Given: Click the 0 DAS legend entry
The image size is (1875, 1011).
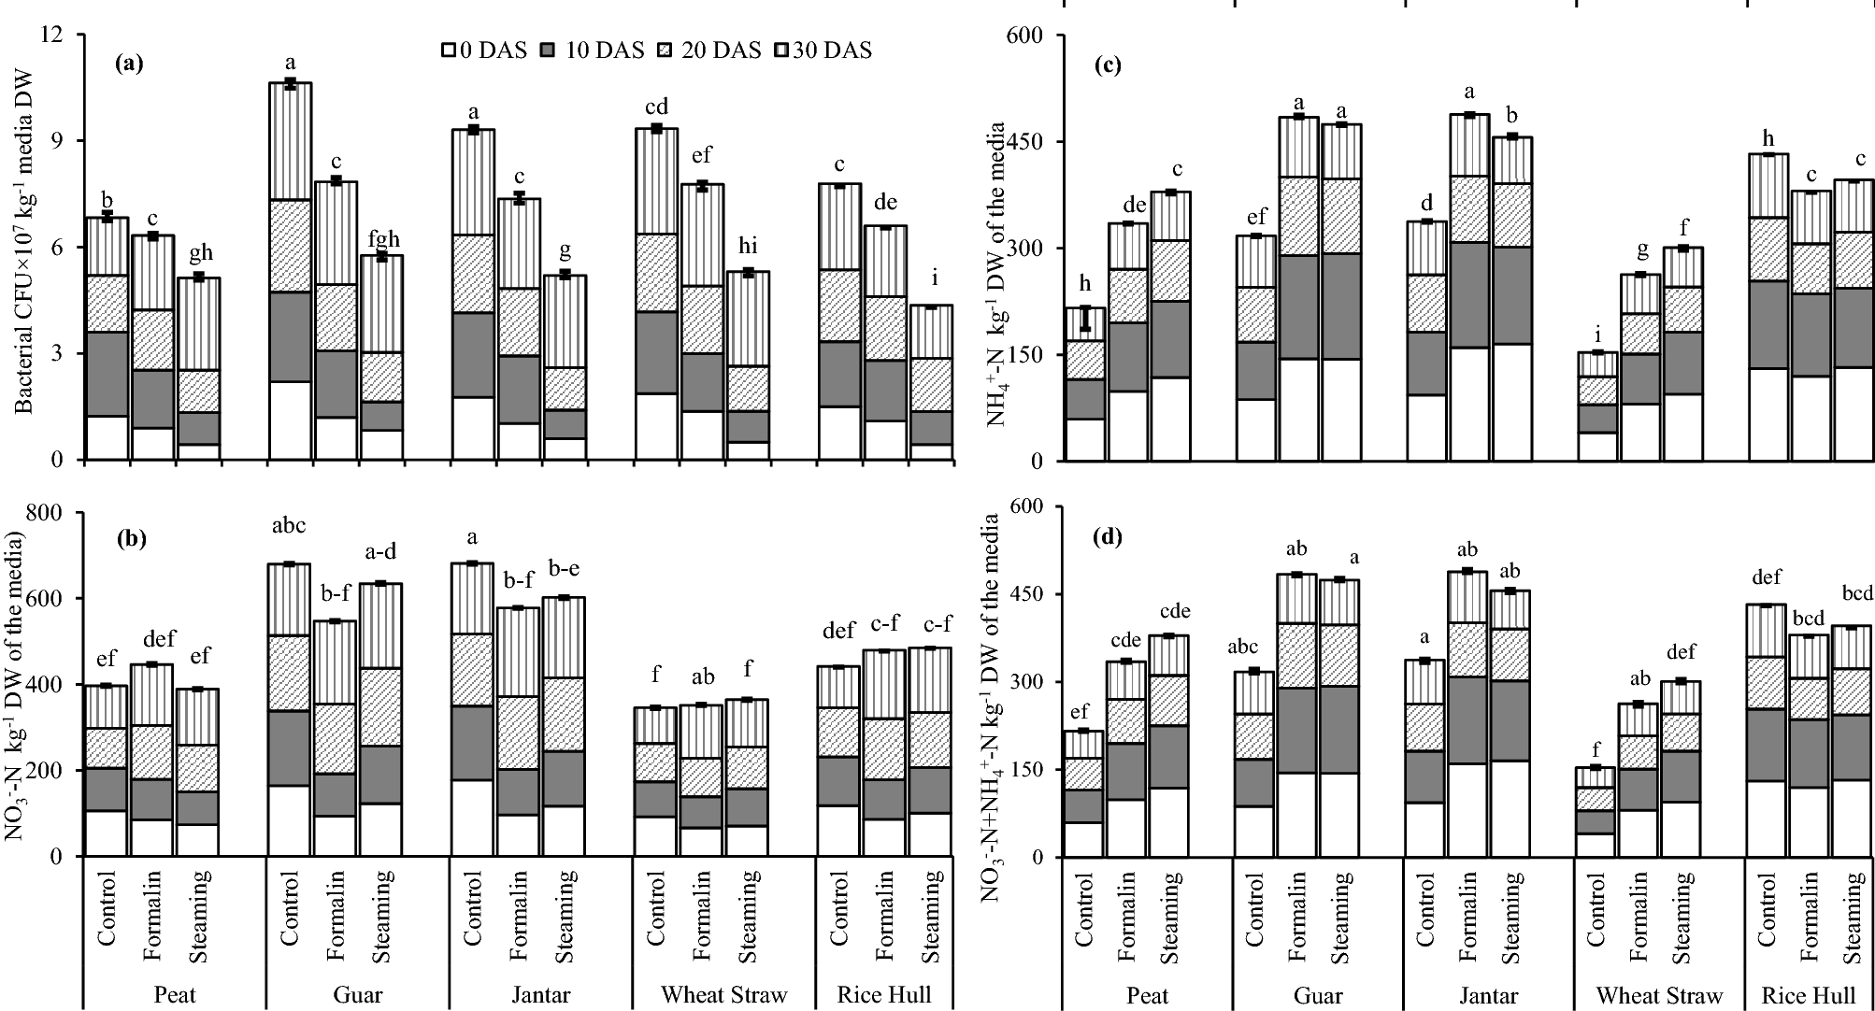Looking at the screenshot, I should point(483,50).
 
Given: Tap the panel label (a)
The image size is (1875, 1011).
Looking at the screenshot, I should point(128,64).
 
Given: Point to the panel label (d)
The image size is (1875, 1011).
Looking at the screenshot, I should point(1111,537).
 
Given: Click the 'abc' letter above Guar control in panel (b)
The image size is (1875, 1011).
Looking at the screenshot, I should point(289,525).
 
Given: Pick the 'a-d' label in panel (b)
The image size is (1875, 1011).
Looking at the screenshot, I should point(380,552).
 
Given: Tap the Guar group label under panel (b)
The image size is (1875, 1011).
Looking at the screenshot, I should point(357,994).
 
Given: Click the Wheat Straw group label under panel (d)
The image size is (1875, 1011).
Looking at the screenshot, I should point(1660,996).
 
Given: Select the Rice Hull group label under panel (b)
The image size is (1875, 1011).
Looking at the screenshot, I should point(884,994).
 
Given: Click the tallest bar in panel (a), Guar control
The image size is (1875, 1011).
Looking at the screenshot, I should point(290,271).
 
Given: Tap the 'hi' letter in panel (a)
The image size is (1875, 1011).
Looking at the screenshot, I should point(748,247).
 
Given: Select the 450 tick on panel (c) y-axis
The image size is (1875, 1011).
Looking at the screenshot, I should point(1026,142).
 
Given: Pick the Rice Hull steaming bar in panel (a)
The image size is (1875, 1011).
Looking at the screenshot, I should point(931,382).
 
